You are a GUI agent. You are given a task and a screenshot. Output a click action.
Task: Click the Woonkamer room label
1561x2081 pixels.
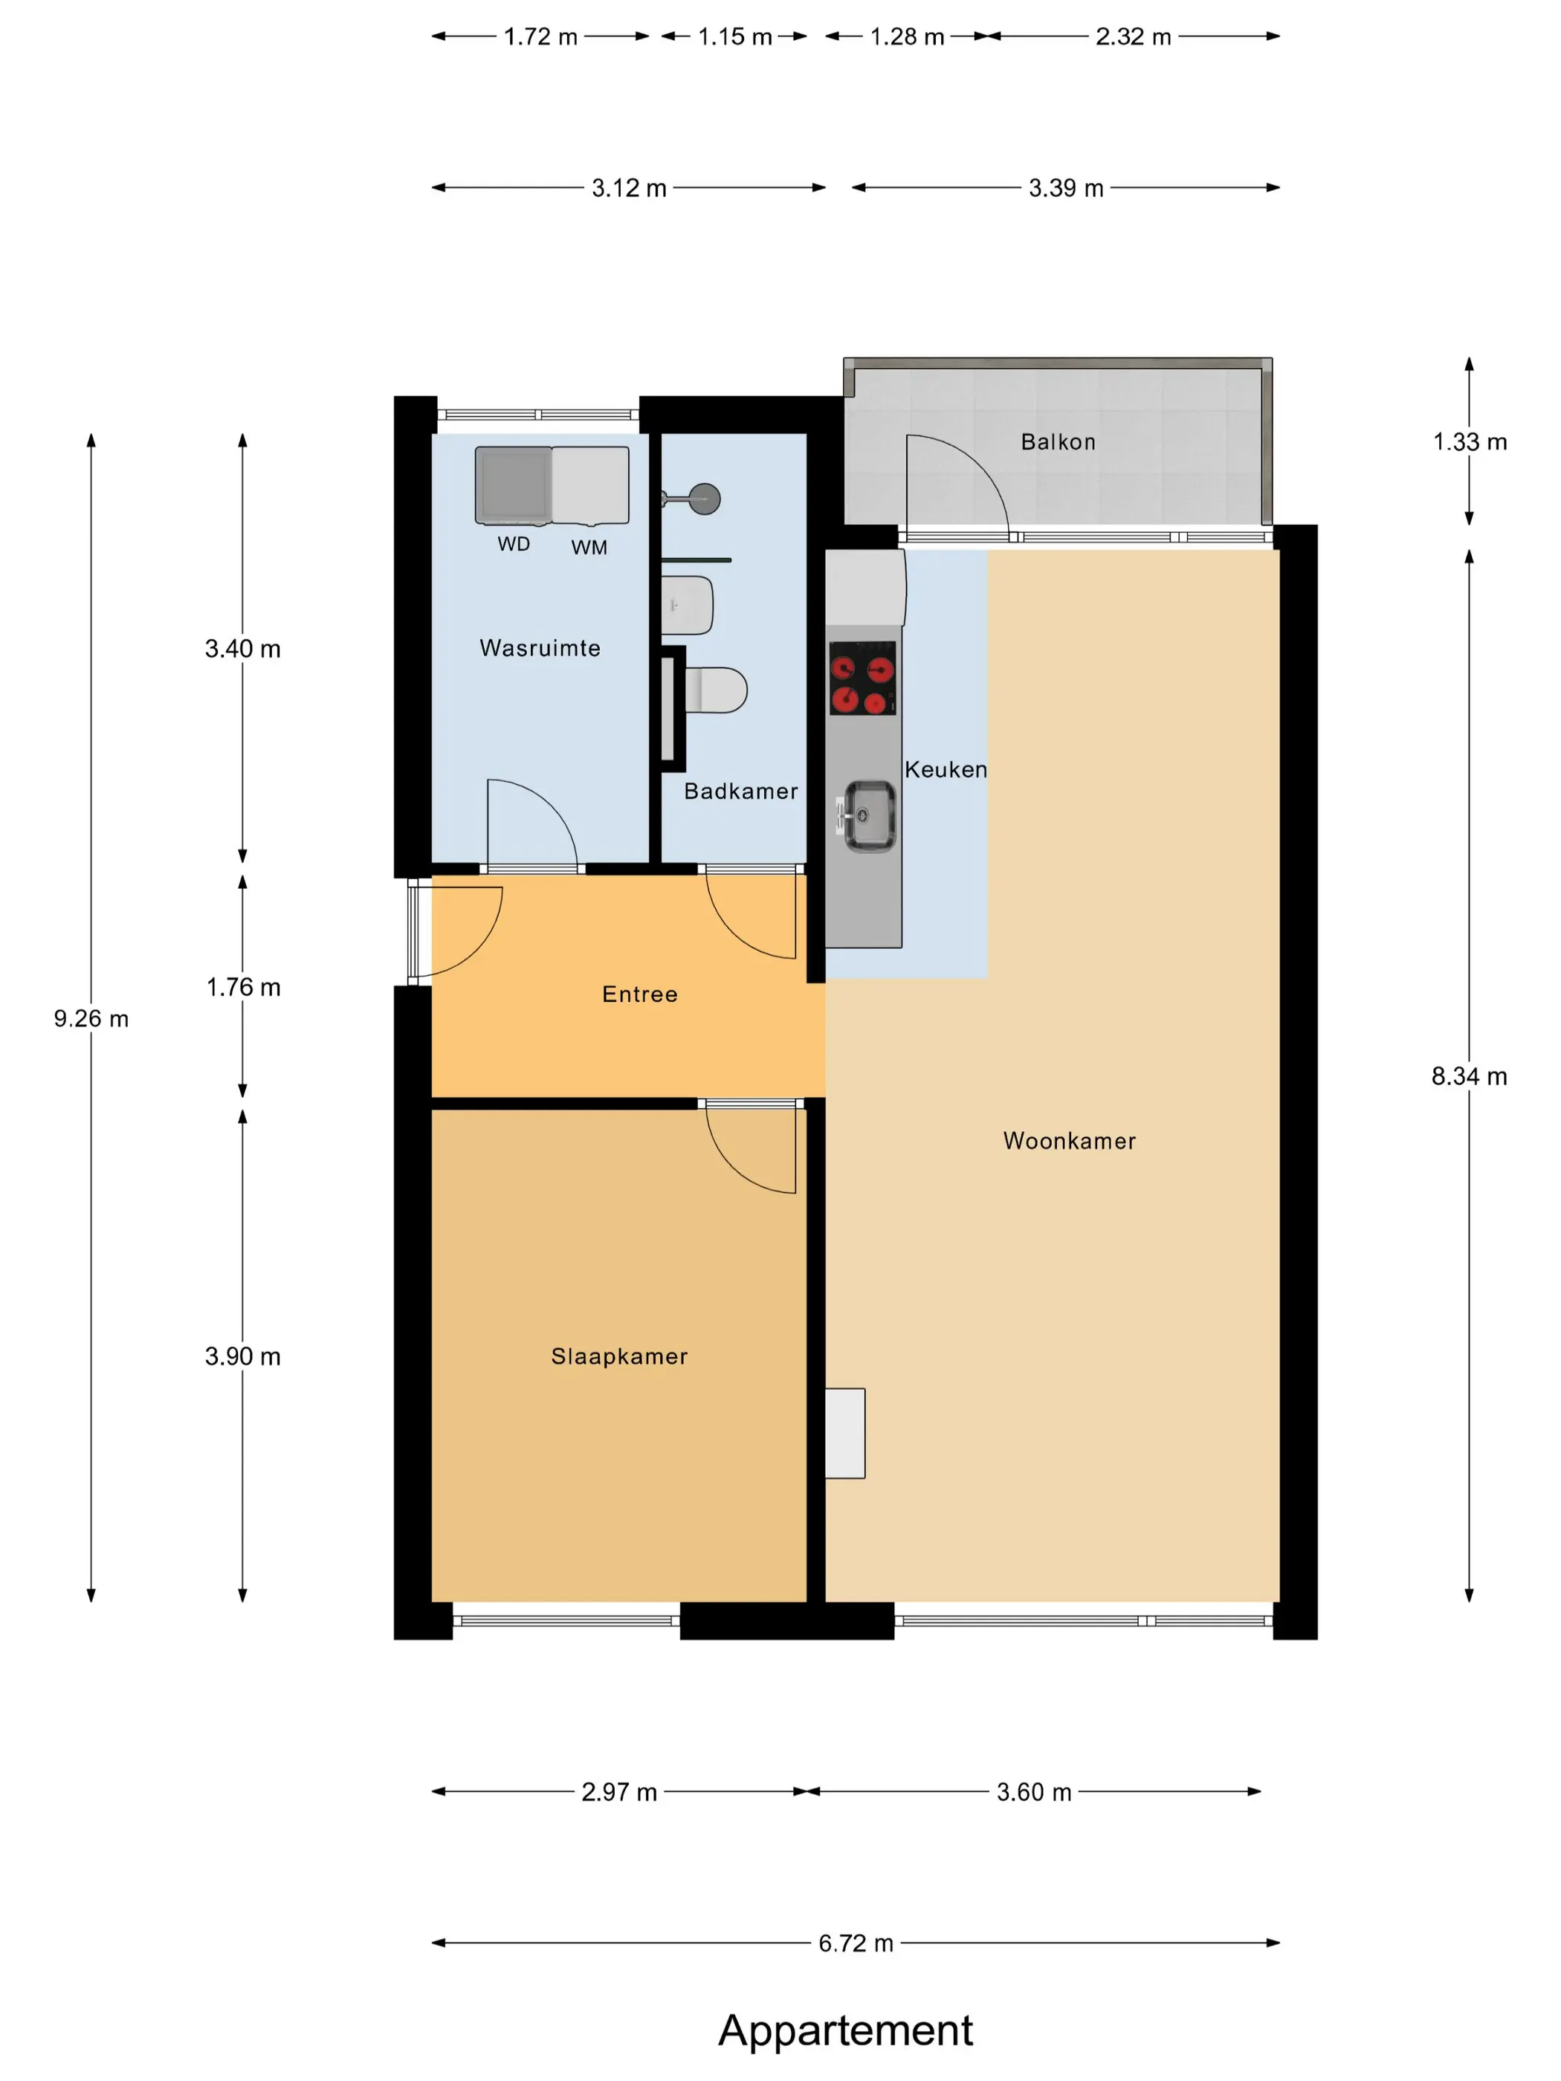(x=1069, y=1141)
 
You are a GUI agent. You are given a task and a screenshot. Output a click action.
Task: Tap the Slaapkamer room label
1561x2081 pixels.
(x=619, y=1356)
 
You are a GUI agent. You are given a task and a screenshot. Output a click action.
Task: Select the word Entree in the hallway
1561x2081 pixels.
(x=640, y=994)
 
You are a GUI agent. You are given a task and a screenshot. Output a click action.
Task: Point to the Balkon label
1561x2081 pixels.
(x=1059, y=442)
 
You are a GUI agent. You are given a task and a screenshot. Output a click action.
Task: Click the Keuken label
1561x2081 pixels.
(x=946, y=769)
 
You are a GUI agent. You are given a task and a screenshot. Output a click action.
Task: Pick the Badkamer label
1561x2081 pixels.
(x=740, y=792)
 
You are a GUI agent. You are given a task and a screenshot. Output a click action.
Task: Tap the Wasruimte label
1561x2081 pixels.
(x=540, y=648)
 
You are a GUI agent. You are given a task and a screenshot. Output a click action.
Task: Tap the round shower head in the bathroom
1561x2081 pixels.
(x=705, y=499)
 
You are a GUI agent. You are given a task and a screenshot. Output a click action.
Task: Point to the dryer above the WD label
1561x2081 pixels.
(x=513, y=485)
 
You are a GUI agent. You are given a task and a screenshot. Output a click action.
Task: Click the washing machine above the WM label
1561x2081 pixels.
(x=590, y=485)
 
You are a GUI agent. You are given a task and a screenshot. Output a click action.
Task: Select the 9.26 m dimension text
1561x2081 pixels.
(x=91, y=1019)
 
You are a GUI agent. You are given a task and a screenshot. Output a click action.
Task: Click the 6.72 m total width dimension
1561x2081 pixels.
(x=856, y=1944)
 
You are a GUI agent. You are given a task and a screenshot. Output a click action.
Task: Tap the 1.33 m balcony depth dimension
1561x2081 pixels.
(x=1470, y=442)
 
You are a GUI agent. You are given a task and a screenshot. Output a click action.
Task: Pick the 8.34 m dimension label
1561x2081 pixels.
(x=1469, y=1076)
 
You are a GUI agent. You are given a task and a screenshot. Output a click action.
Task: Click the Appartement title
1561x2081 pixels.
(x=845, y=2031)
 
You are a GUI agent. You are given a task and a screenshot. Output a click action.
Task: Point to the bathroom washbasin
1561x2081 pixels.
(x=688, y=605)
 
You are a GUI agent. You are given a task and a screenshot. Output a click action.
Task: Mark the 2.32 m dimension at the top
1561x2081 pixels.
(x=1133, y=36)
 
